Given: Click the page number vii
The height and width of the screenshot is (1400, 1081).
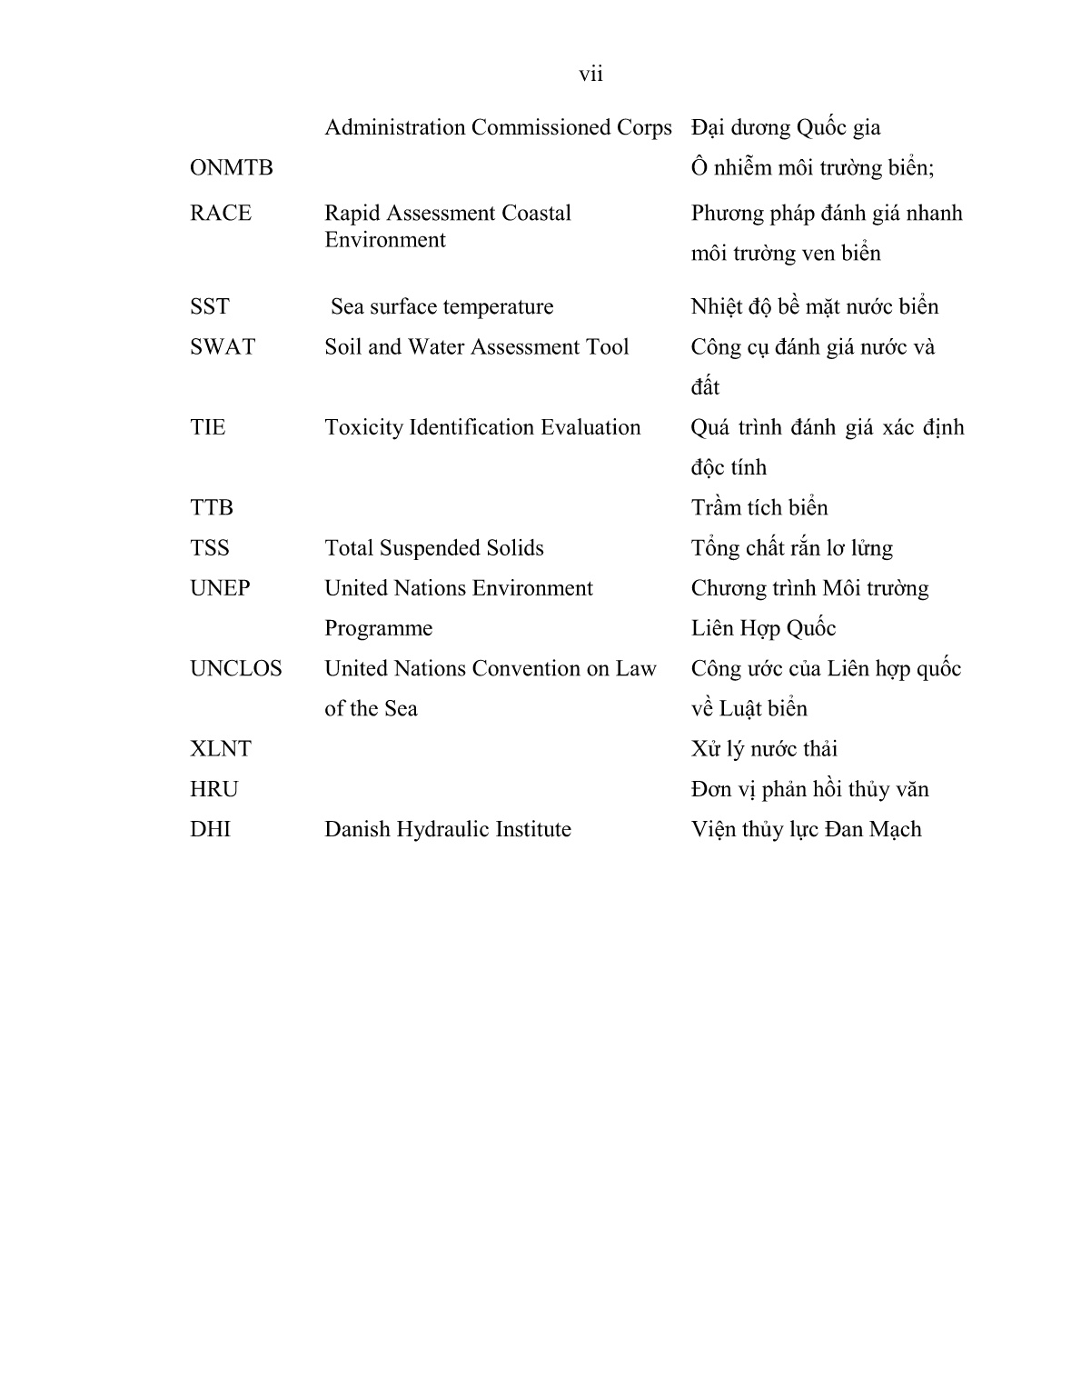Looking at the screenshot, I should (590, 75).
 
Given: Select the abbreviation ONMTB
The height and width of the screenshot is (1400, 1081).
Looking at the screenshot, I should (231, 168).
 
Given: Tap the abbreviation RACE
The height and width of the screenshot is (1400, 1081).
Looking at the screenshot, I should (220, 214).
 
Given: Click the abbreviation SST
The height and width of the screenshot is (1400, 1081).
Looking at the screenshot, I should (209, 307).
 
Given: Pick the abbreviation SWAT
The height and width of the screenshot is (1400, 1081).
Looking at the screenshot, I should (223, 347).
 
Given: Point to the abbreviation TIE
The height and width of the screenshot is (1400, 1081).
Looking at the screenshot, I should (207, 427).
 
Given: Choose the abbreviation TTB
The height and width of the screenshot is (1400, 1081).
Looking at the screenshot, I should (211, 508).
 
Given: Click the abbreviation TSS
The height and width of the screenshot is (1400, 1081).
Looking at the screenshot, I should (209, 548).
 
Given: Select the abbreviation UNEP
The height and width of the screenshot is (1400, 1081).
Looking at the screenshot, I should (220, 588).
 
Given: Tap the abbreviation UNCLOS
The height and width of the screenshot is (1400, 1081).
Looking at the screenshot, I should (235, 669).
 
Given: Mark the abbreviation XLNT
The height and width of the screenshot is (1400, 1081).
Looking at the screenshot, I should (220, 749).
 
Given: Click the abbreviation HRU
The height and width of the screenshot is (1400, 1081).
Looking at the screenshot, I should (213, 789).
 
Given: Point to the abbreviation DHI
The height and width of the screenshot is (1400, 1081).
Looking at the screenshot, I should (210, 829).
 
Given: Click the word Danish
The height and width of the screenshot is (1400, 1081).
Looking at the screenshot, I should (357, 829).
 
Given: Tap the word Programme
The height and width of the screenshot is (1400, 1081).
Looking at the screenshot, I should (378, 629).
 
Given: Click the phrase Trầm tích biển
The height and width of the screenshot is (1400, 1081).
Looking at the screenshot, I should (759, 508).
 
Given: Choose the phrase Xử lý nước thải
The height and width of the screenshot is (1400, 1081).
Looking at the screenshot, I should (764, 749).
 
